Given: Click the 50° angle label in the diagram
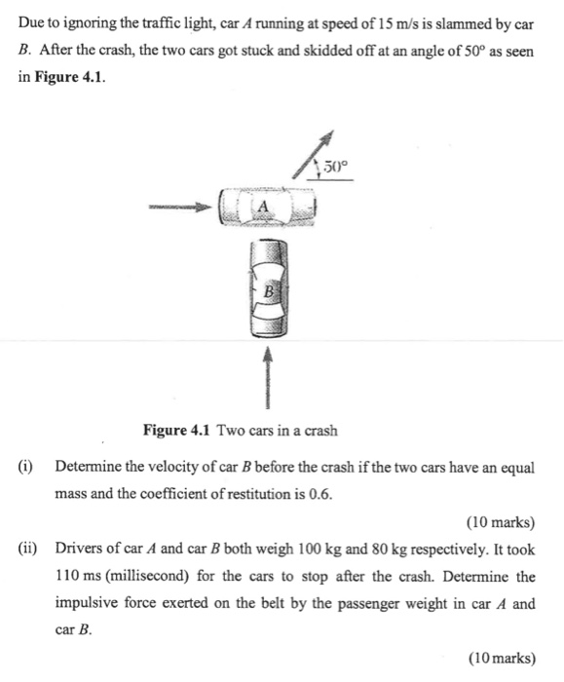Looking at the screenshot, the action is [x=334, y=168].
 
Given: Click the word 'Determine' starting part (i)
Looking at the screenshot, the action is [x=90, y=467].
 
